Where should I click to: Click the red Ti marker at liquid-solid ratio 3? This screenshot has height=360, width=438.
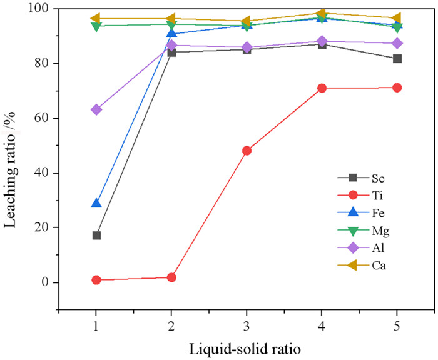[x=247, y=151]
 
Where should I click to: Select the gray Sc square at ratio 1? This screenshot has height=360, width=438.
[x=96, y=236]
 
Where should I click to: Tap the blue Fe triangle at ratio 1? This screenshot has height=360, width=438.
[x=96, y=203]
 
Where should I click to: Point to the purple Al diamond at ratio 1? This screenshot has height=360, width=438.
[x=96, y=109]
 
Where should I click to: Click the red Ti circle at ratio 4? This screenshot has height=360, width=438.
[x=322, y=88]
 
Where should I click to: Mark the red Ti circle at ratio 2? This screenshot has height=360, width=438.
[x=171, y=277]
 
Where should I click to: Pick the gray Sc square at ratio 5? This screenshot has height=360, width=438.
[x=397, y=59]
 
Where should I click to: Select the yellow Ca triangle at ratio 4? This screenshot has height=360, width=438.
[x=321, y=13]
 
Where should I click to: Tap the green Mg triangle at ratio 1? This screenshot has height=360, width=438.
[x=96, y=26]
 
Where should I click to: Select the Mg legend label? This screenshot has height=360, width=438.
[x=379, y=231]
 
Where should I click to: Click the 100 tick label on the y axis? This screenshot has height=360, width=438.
[x=41, y=9]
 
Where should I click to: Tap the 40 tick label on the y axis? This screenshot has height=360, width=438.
[x=44, y=172]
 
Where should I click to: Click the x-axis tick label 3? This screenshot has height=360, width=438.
[x=247, y=326]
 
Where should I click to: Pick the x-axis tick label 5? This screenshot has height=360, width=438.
[x=397, y=326]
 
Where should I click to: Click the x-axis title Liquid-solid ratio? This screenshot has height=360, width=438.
[x=246, y=348]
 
